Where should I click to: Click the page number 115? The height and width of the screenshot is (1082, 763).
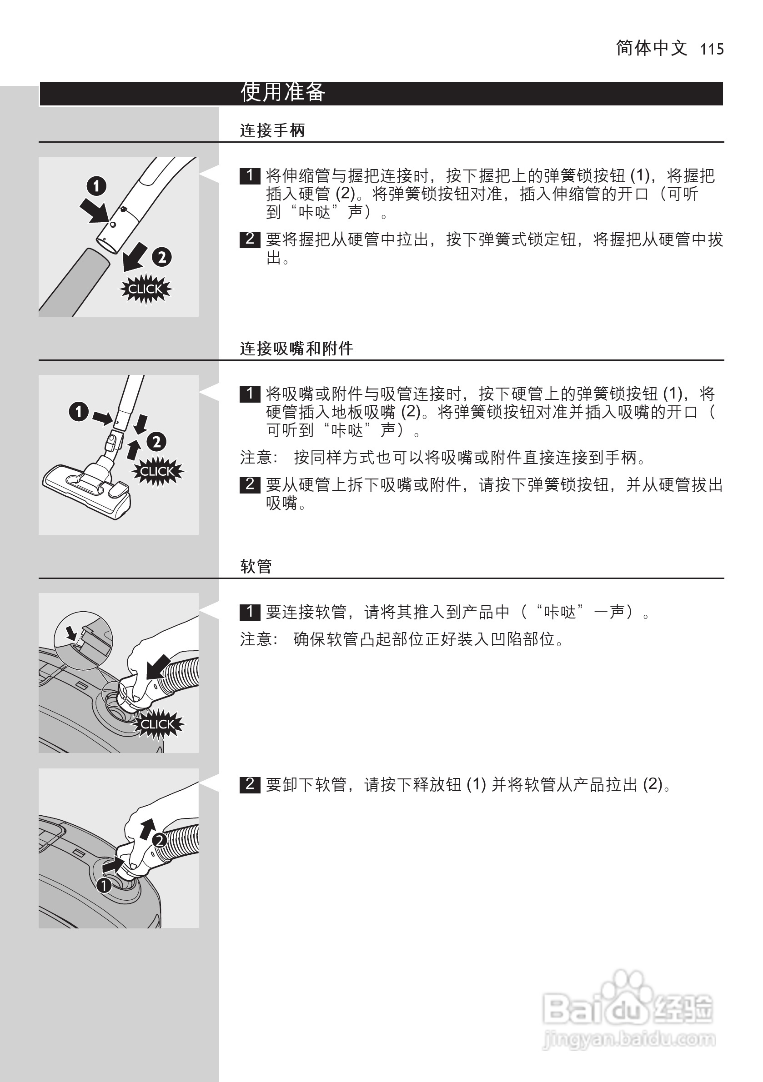coord(712,49)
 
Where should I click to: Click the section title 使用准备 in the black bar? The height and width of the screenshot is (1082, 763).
coord(282,92)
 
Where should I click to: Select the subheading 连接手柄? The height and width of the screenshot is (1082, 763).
coord(272,130)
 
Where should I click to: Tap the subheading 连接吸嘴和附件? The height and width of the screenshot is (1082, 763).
coord(296,349)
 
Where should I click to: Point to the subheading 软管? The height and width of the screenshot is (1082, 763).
coord(256,566)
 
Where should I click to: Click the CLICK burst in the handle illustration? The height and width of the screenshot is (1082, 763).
coord(145,289)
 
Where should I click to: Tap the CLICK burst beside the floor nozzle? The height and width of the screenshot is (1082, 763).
coord(157,471)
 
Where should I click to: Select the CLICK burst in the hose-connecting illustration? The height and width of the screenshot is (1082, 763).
coord(157,724)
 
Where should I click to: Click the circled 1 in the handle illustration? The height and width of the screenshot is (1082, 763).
coord(96,186)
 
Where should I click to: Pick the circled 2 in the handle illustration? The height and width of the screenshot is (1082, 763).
coord(162,257)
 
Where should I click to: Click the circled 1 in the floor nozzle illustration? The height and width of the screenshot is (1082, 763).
coord(79,411)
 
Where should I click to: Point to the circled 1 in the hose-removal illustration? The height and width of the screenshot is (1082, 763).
coord(104,886)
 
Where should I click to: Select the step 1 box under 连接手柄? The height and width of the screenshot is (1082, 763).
coord(250,176)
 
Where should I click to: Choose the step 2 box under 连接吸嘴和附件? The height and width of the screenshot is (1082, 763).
coord(250,484)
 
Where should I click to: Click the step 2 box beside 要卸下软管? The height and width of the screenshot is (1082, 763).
coord(250,784)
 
